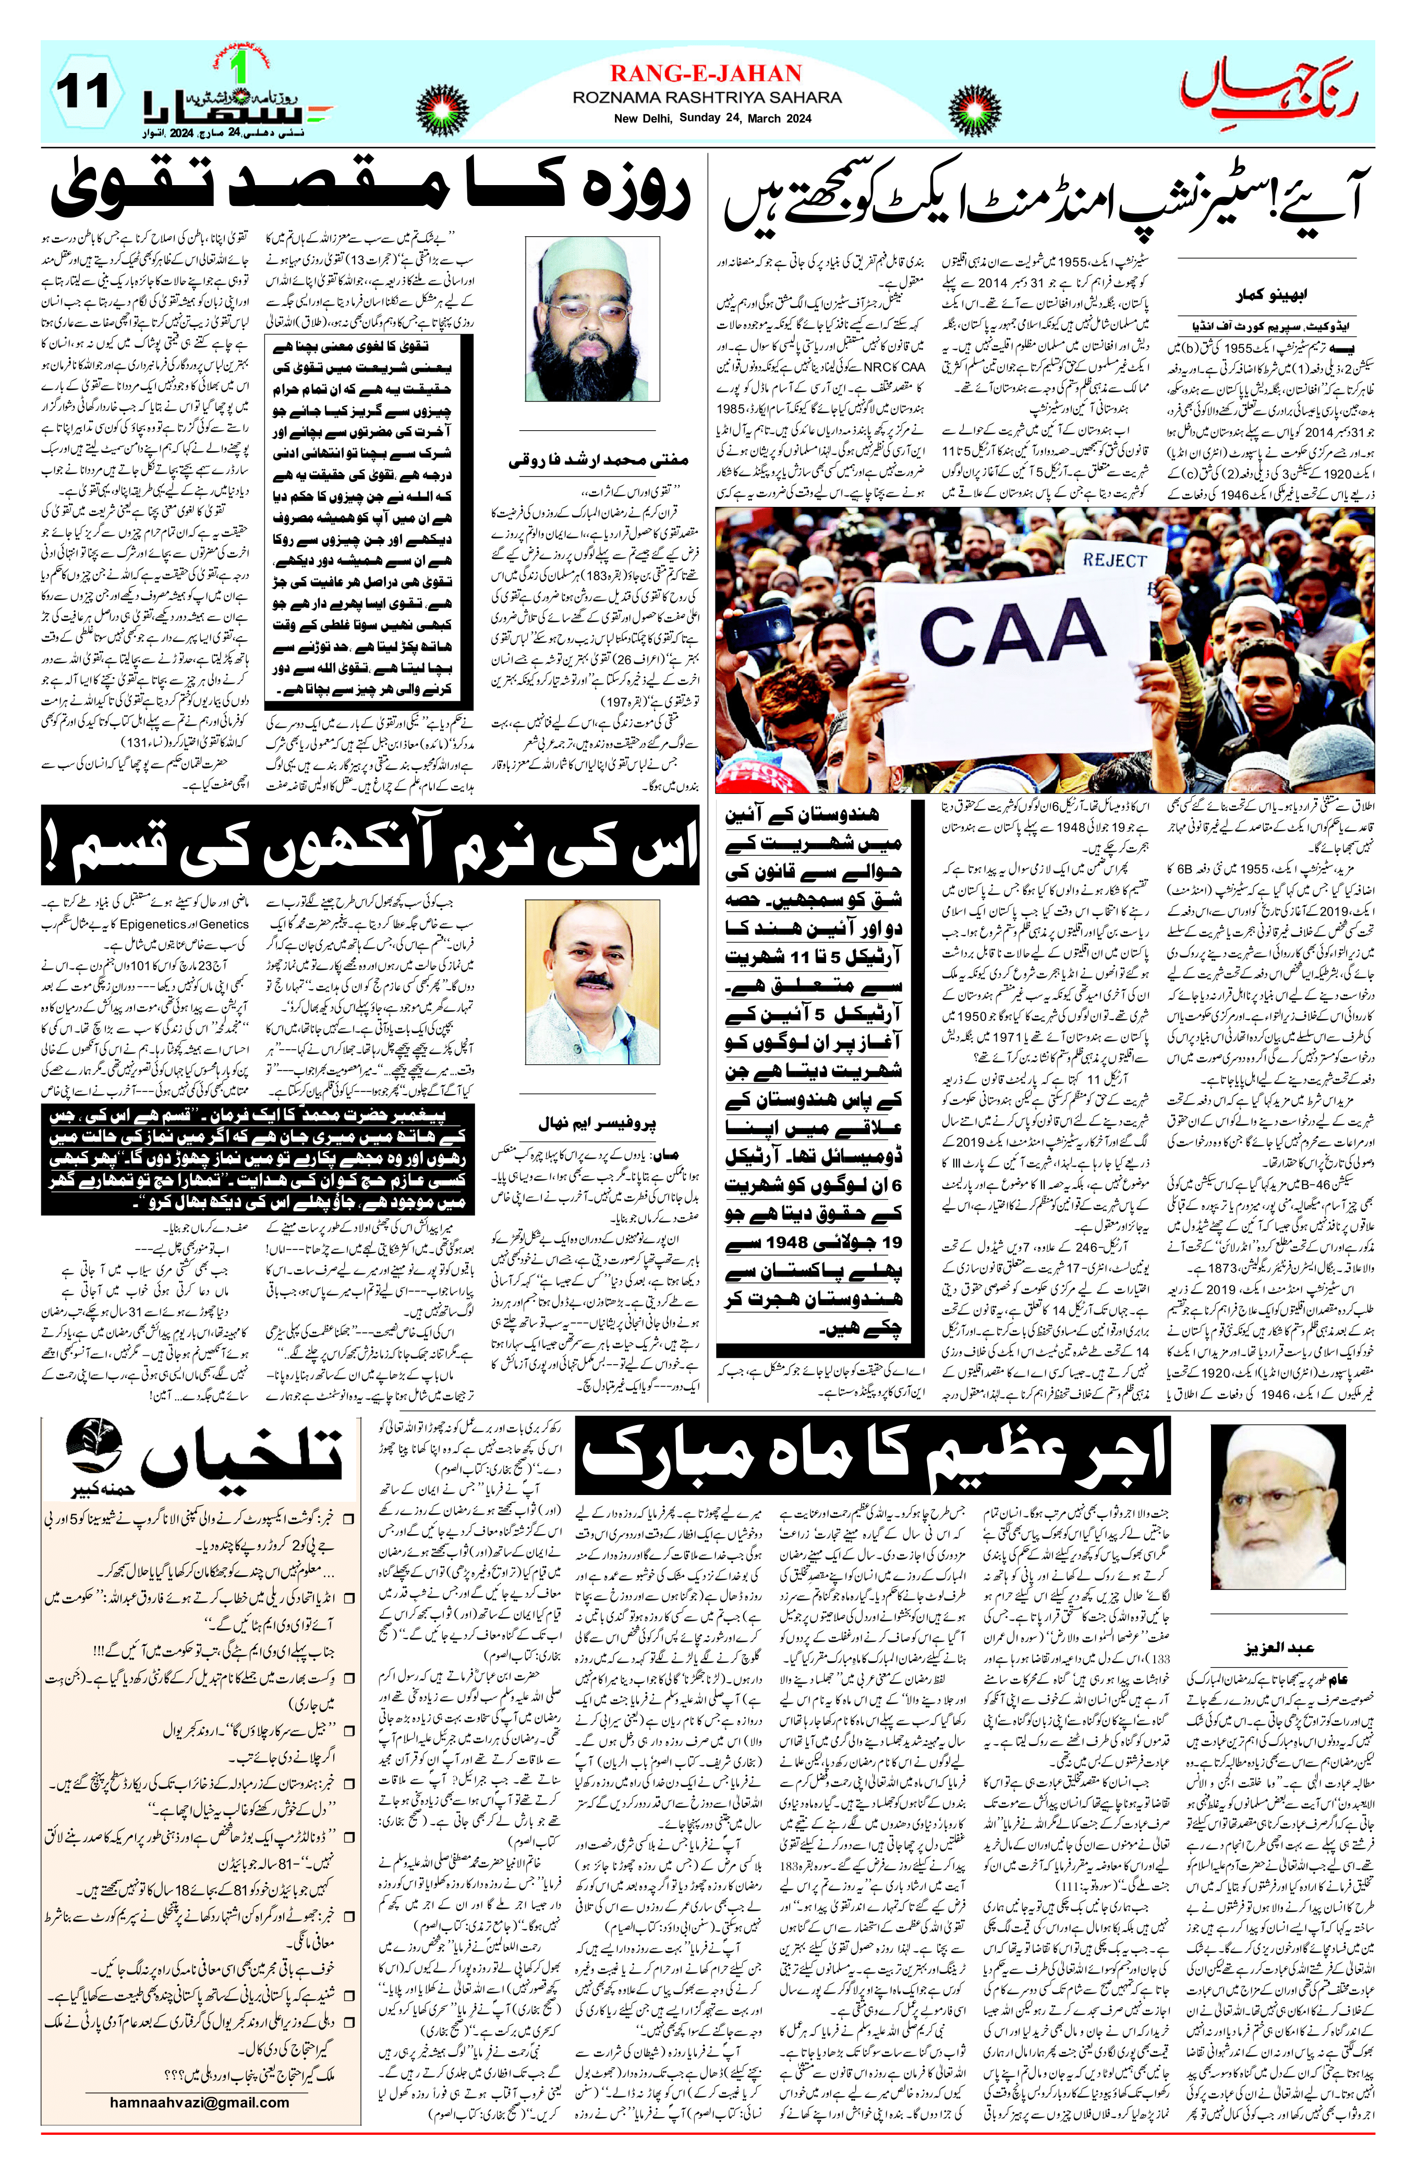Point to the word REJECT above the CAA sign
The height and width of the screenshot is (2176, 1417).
point(1113,560)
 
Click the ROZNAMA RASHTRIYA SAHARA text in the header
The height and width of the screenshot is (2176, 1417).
point(707,97)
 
